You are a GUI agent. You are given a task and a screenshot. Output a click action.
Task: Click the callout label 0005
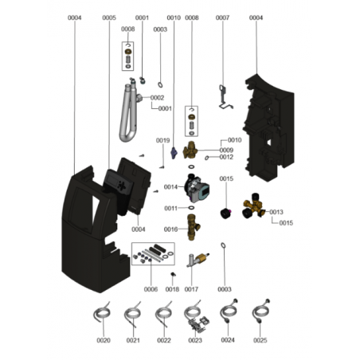click(x=109, y=18)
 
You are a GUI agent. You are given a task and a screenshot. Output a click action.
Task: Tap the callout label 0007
click(x=222, y=18)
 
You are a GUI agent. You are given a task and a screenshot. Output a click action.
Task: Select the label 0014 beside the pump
click(x=170, y=187)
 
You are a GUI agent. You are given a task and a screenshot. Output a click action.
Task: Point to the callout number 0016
click(x=170, y=229)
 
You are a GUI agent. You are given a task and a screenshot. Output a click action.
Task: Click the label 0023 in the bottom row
click(x=195, y=340)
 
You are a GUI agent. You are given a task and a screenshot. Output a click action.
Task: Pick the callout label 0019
click(x=162, y=140)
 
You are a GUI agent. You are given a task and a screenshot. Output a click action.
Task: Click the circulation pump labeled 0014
click(x=197, y=187)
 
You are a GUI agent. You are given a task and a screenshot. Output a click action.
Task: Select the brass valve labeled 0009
click(x=190, y=150)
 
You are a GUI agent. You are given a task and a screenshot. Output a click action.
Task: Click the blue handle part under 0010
click(x=174, y=153)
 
